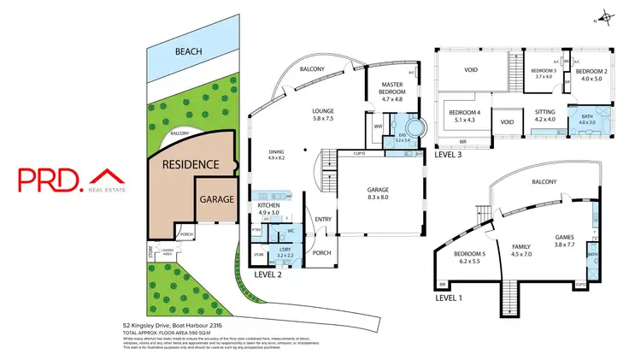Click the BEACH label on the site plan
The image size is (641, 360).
188,52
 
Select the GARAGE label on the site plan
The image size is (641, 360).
217,199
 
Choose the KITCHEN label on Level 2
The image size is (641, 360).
270,206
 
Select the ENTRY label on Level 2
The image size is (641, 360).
322,219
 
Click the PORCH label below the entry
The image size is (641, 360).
322,253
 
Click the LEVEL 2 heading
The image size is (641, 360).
268,275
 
